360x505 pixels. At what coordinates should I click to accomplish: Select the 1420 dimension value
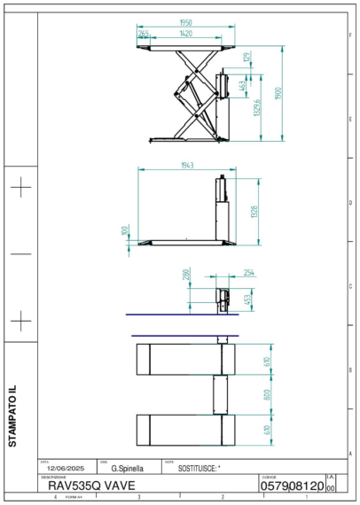point(185,33)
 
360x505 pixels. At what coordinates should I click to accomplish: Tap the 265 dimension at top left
point(145,33)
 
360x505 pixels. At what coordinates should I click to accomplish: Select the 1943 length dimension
point(187,166)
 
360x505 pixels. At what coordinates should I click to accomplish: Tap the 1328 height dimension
point(254,212)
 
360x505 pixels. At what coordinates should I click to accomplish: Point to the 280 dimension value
point(186,276)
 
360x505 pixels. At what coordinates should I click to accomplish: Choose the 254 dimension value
point(248,272)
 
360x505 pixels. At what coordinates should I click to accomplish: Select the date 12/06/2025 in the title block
point(64,468)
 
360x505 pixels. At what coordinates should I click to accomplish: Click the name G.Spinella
point(128,468)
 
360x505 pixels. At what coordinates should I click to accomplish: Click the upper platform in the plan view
point(186,360)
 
